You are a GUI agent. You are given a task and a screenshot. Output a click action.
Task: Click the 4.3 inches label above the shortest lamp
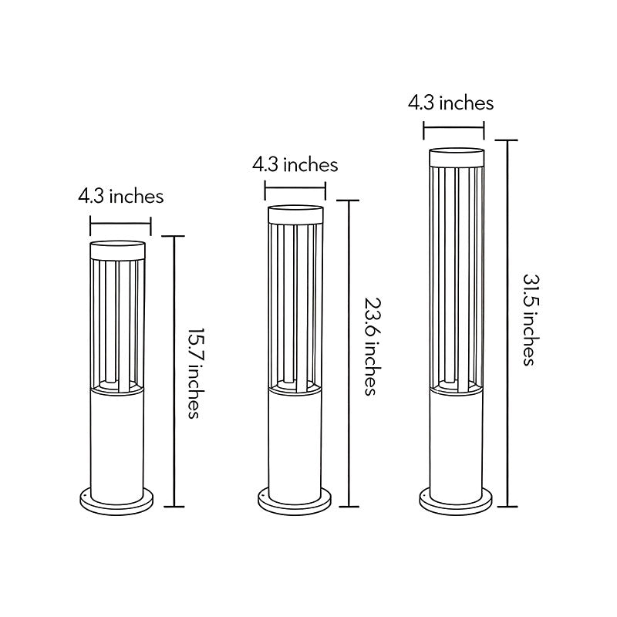tap(120, 196)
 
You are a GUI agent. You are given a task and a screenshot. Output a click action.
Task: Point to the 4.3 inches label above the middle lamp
tap(295, 164)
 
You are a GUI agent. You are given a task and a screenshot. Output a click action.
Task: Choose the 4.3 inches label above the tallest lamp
tap(450, 102)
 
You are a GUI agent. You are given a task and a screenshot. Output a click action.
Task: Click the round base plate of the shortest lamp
tap(120, 502)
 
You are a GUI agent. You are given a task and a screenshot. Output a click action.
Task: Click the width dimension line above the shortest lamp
tap(120, 225)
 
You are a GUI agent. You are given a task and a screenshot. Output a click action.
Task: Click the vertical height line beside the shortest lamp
tap(175, 371)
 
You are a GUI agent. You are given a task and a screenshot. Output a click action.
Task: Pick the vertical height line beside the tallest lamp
tap(507, 323)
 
